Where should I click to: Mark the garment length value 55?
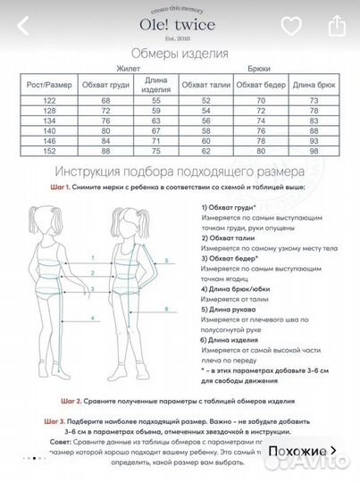coord(155,102)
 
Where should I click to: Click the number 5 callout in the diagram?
coord(165,262)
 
